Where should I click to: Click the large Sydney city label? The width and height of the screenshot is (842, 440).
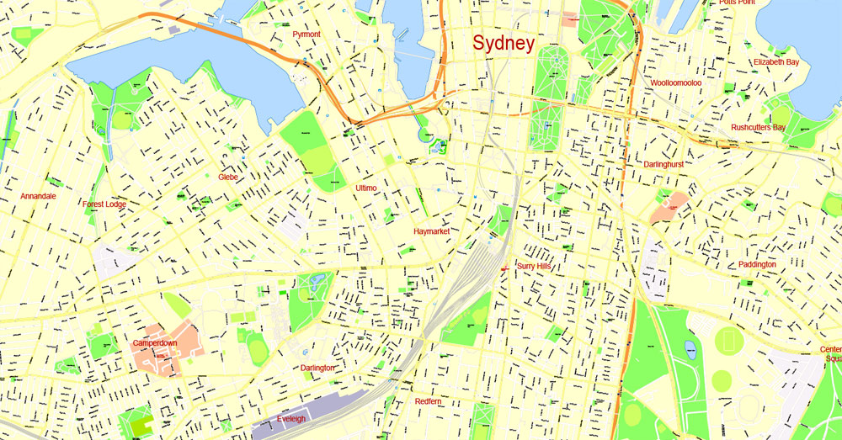503,44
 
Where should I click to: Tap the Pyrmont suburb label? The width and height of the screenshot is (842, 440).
306,34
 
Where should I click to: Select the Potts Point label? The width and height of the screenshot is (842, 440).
737,3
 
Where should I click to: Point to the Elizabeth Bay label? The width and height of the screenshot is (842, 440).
776,62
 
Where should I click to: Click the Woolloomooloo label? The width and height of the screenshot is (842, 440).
676,83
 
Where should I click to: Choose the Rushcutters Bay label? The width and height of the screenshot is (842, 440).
758,128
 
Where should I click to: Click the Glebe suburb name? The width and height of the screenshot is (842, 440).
228,178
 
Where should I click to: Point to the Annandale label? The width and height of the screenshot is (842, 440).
38,196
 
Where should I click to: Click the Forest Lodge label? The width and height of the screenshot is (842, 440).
104,204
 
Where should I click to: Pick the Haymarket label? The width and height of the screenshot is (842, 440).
432,231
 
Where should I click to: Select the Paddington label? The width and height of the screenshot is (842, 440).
757,264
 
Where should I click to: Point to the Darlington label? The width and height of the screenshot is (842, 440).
317,368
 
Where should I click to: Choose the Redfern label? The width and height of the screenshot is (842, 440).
428,402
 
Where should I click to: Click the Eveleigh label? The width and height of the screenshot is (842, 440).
292,418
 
